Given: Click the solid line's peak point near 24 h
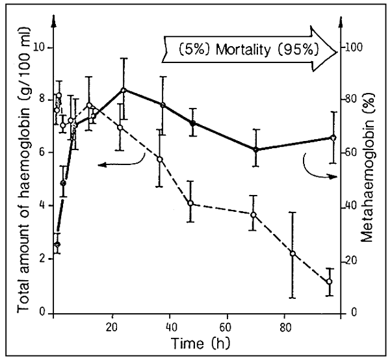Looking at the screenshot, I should point(123,90).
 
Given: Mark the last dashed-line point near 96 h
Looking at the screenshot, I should point(330,281).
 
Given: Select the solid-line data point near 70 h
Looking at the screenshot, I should point(256,149).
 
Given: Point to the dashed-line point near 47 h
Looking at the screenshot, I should point(190,203).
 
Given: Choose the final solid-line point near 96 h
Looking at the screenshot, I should point(333,138).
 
